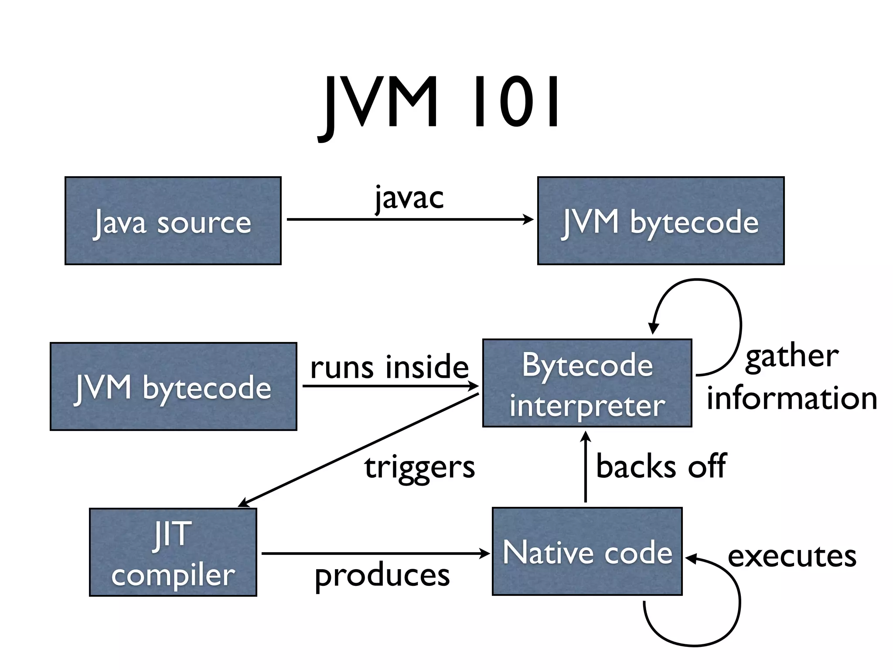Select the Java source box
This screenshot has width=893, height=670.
coord(173,221)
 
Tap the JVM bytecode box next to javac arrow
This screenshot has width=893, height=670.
coord(661,221)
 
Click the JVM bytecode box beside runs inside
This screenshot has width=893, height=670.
coord(173,386)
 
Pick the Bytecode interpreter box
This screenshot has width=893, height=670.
coord(587,383)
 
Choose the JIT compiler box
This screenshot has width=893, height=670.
coord(173,552)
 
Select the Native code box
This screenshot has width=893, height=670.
coord(587,551)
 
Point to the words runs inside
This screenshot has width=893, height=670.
coord(389,366)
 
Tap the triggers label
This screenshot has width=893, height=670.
coord(419,468)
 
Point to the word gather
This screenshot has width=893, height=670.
coord(792,357)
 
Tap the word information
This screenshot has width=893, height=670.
coord(792,398)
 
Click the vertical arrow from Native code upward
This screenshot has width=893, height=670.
coord(586,467)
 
